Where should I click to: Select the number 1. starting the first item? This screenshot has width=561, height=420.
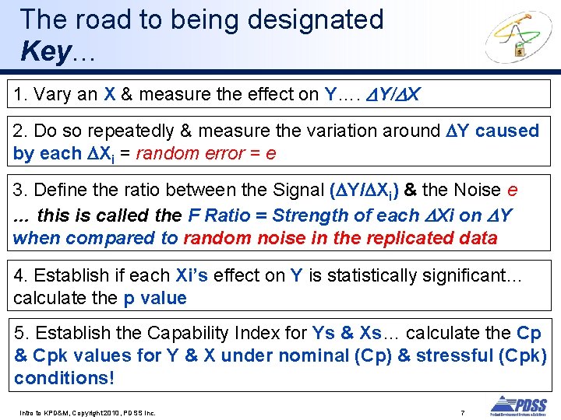coord(19,95)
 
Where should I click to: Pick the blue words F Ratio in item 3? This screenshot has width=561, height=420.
coord(224,215)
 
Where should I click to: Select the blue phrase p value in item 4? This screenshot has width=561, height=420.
coord(155,298)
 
